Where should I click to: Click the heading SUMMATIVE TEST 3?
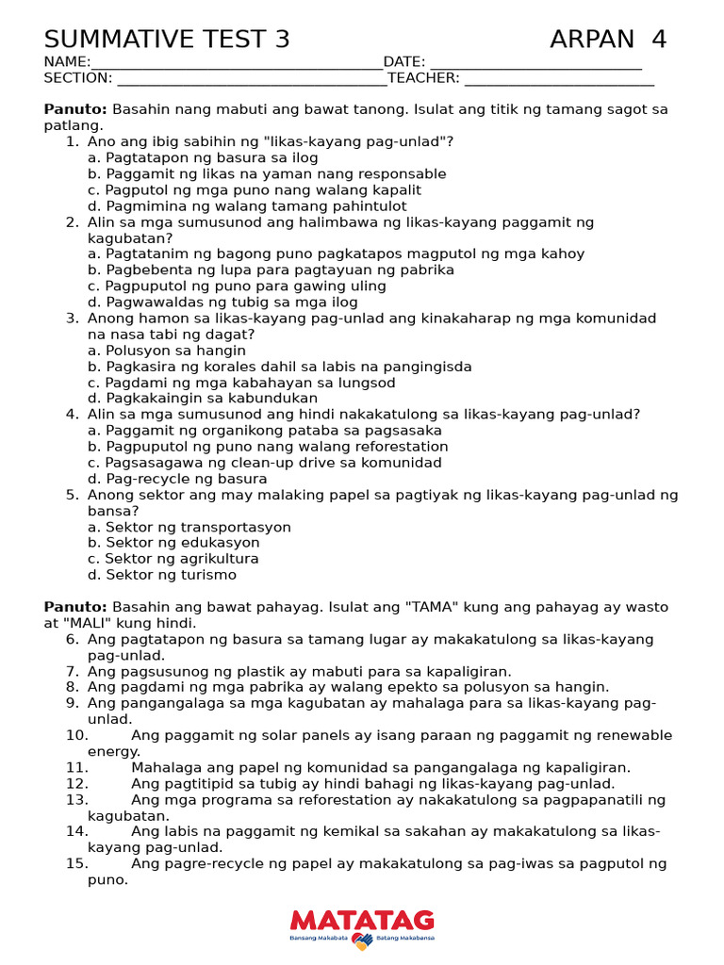tap(167, 40)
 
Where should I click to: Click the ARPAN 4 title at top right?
tap(608, 40)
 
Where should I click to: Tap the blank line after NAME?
tap(237, 63)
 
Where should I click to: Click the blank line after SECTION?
tap(250, 79)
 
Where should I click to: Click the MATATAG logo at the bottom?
tap(362, 926)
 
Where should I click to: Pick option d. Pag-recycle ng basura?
tap(177, 479)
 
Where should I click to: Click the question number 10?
tap(76, 735)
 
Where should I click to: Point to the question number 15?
tap(76, 863)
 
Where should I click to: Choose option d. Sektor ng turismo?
tap(161, 575)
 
